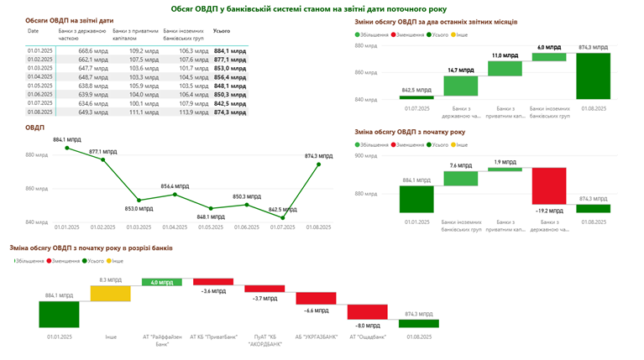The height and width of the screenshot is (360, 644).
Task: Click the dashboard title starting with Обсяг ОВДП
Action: coord(322,8)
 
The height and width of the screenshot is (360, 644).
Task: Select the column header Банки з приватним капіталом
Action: coord(134,34)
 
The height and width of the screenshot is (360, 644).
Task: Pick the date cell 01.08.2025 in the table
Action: coord(40,111)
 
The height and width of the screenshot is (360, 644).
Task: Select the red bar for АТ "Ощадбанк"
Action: coord(369,311)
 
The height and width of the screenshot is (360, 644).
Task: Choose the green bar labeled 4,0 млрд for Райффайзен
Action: coord(162,282)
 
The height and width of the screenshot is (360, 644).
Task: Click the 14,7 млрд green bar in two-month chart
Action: coord(460,86)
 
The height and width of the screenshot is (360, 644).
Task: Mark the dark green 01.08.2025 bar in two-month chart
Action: coord(594,76)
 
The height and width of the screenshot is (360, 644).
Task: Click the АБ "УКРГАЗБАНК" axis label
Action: coord(317,337)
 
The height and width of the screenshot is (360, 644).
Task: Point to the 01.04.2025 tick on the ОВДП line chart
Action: coord(174,227)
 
